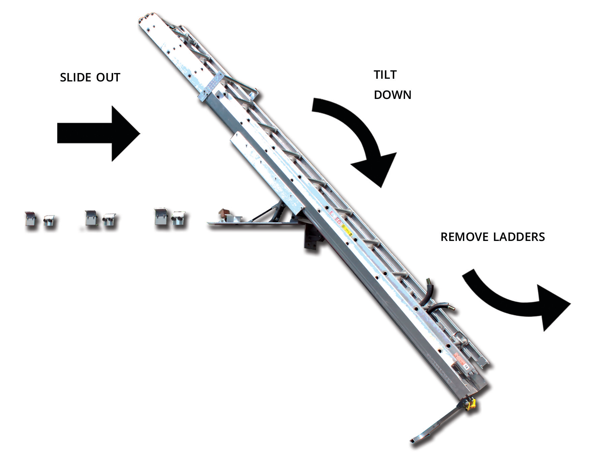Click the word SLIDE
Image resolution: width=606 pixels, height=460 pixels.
75,78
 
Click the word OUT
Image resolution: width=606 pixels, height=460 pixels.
108,78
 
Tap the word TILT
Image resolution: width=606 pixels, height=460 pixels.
385,75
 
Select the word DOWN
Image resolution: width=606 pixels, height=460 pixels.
393,95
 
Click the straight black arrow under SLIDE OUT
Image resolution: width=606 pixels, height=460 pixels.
98,134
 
